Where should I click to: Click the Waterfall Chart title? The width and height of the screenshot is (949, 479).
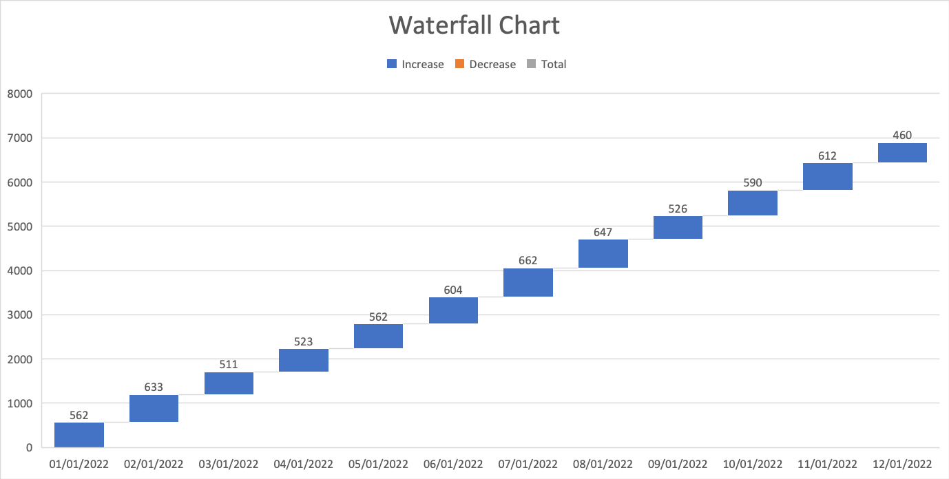(x=474, y=25)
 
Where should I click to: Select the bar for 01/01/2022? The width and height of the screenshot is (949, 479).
(x=79, y=434)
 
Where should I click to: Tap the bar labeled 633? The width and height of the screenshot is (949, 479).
(x=154, y=408)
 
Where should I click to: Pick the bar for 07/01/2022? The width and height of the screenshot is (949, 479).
(x=528, y=282)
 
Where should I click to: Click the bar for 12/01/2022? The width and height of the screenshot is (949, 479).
(x=902, y=153)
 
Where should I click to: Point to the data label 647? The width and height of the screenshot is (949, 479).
(x=603, y=232)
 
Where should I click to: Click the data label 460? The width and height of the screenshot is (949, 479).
(x=902, y=136)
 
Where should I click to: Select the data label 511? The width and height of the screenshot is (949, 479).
(x=229, y=365)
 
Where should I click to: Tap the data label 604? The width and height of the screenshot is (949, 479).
(x=453, y=290)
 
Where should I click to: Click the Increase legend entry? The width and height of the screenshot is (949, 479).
(x=415, y=64)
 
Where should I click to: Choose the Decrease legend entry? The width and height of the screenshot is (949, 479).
(x=485, y=64)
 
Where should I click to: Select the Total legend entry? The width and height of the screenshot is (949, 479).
(x=547, y=64)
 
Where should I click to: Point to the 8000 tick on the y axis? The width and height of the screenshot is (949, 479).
(x=20, y=94)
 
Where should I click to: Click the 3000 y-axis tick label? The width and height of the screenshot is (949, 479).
(x=20, y=315)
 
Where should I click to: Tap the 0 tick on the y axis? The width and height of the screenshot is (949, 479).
(x=28, y=448)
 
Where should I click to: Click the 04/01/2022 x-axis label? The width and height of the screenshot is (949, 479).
(x=303, y=464)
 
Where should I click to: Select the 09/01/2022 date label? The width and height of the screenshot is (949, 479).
(x=678, y=464)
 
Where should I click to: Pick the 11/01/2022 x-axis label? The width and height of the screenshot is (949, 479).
(x=827, y=464)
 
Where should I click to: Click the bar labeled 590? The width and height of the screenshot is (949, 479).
(x=753, y=203)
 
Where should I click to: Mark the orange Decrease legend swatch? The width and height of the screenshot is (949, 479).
(x=459, y=64)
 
